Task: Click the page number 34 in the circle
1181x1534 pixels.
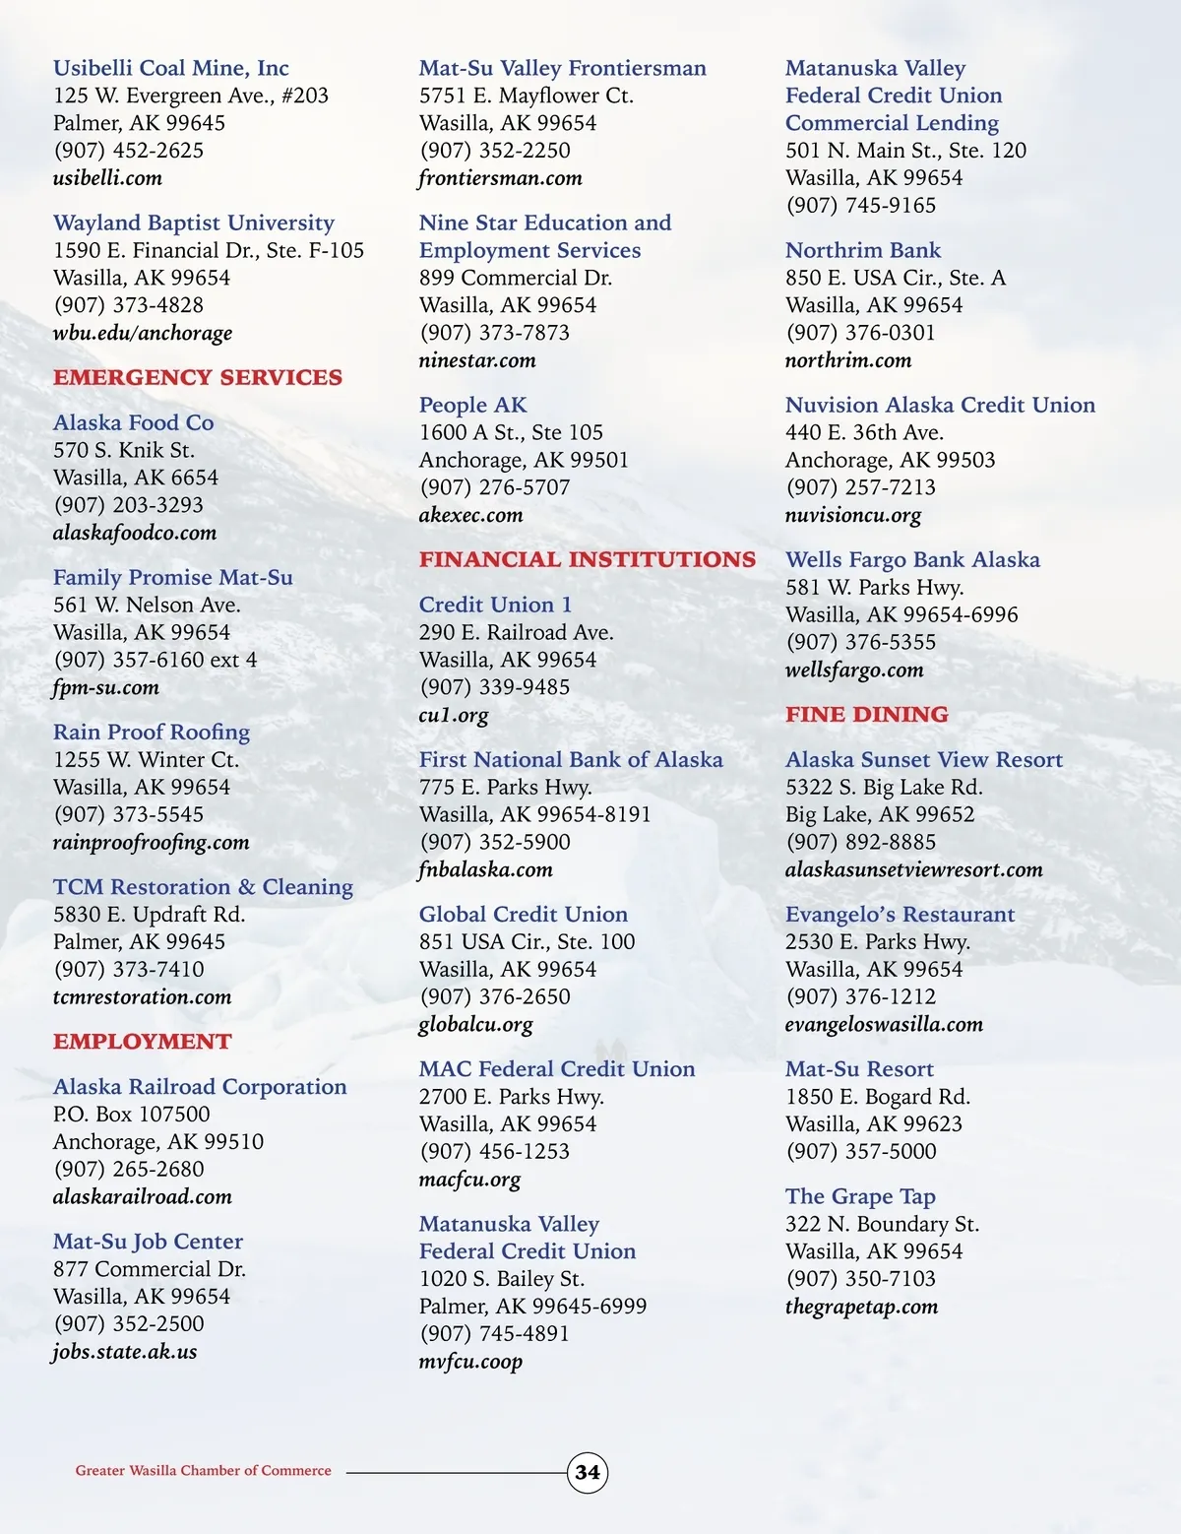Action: [588, 1472]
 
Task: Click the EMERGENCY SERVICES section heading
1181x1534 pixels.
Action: [198, 377]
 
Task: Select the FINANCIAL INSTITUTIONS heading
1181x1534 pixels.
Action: [588, 559]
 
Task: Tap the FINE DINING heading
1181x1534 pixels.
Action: [867, 714]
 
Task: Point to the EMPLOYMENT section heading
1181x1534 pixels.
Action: [143, 1042]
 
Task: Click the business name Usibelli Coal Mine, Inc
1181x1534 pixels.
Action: [171, 68]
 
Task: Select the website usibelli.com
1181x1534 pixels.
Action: [107, 178]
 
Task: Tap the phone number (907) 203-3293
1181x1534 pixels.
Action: [129, 505]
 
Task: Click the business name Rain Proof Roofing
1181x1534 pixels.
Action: [152, 732]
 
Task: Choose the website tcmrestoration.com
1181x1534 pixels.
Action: [143, 996]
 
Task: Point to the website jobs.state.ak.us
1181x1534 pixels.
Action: [125, 1351]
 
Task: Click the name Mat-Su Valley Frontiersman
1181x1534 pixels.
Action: [563, 68]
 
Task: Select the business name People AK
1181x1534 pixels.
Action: [473, 405]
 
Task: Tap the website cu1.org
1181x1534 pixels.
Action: [454, 715]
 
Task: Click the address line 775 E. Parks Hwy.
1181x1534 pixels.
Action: [506, 787]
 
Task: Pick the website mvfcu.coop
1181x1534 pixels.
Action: [470, 1362]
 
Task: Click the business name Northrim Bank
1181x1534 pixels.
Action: [863, 250]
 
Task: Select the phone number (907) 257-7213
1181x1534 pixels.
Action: [861, 487]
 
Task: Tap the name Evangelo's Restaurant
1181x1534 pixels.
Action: [900, 914]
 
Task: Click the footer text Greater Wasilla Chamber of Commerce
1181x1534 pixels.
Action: [204, 1471]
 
